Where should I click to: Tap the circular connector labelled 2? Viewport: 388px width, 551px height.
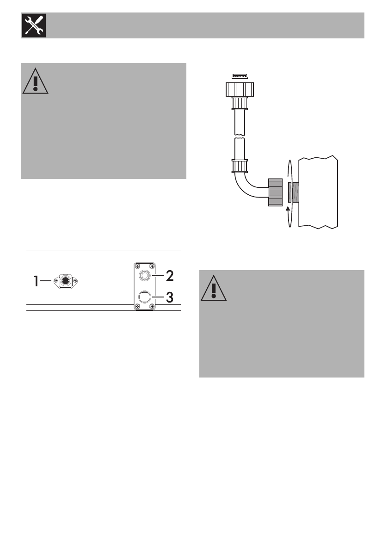[144, 276]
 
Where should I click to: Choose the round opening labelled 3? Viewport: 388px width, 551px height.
[144, 296]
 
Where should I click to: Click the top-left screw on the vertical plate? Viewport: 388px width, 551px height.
[137, 266]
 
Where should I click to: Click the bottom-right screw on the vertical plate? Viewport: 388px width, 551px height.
[152, 307]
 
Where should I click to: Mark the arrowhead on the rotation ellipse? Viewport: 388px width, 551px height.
[288, 210]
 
